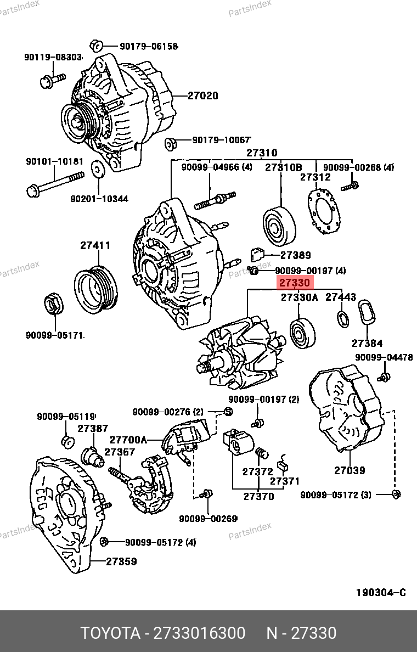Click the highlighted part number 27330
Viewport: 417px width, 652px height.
click(x=295, y=283)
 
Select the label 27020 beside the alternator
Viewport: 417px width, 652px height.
click(x=202, y=96)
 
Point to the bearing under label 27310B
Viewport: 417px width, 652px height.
click(x=280, y=226)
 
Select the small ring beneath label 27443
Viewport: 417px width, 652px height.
click(x=342, y=318)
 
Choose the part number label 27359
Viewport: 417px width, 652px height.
click(x=121, y=561)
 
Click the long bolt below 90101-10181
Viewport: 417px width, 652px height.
click(x=55, y=183)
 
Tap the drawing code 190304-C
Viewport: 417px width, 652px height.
click(x=381, y=593)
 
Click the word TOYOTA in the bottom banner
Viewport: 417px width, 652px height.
click(x=110, y=633)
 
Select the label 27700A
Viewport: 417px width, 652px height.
click(x=128, y=440)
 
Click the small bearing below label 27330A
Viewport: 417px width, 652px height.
click(x=302, y=334)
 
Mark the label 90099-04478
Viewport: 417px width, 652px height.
click(x=384, y=358)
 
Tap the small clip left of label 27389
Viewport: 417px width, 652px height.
click(x=258, y=255)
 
